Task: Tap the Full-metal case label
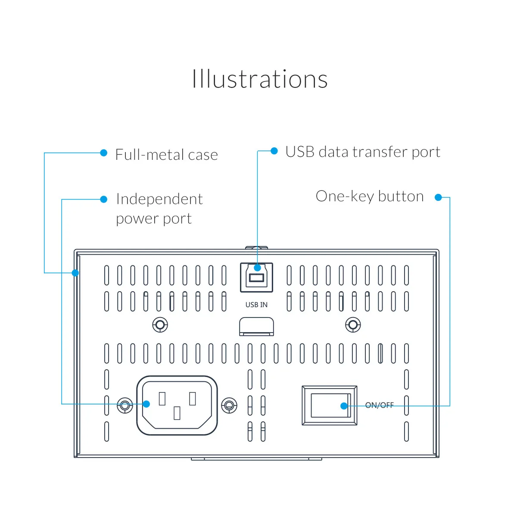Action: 166,155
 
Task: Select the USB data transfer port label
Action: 362,152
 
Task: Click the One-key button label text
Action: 369,196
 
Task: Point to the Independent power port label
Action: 159,209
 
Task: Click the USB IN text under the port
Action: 256,305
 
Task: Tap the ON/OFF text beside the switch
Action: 379,405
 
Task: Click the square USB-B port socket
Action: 256,277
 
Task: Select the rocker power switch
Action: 329,405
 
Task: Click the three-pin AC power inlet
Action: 177,405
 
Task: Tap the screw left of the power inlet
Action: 125,405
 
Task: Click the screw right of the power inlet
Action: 229,405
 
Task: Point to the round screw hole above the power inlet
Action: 160,325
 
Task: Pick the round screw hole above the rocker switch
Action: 353,325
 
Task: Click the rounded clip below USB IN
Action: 256,326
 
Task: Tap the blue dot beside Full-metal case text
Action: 103,153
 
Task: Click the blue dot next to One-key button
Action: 438,197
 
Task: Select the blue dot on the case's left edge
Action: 75,273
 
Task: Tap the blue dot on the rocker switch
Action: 344,406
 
